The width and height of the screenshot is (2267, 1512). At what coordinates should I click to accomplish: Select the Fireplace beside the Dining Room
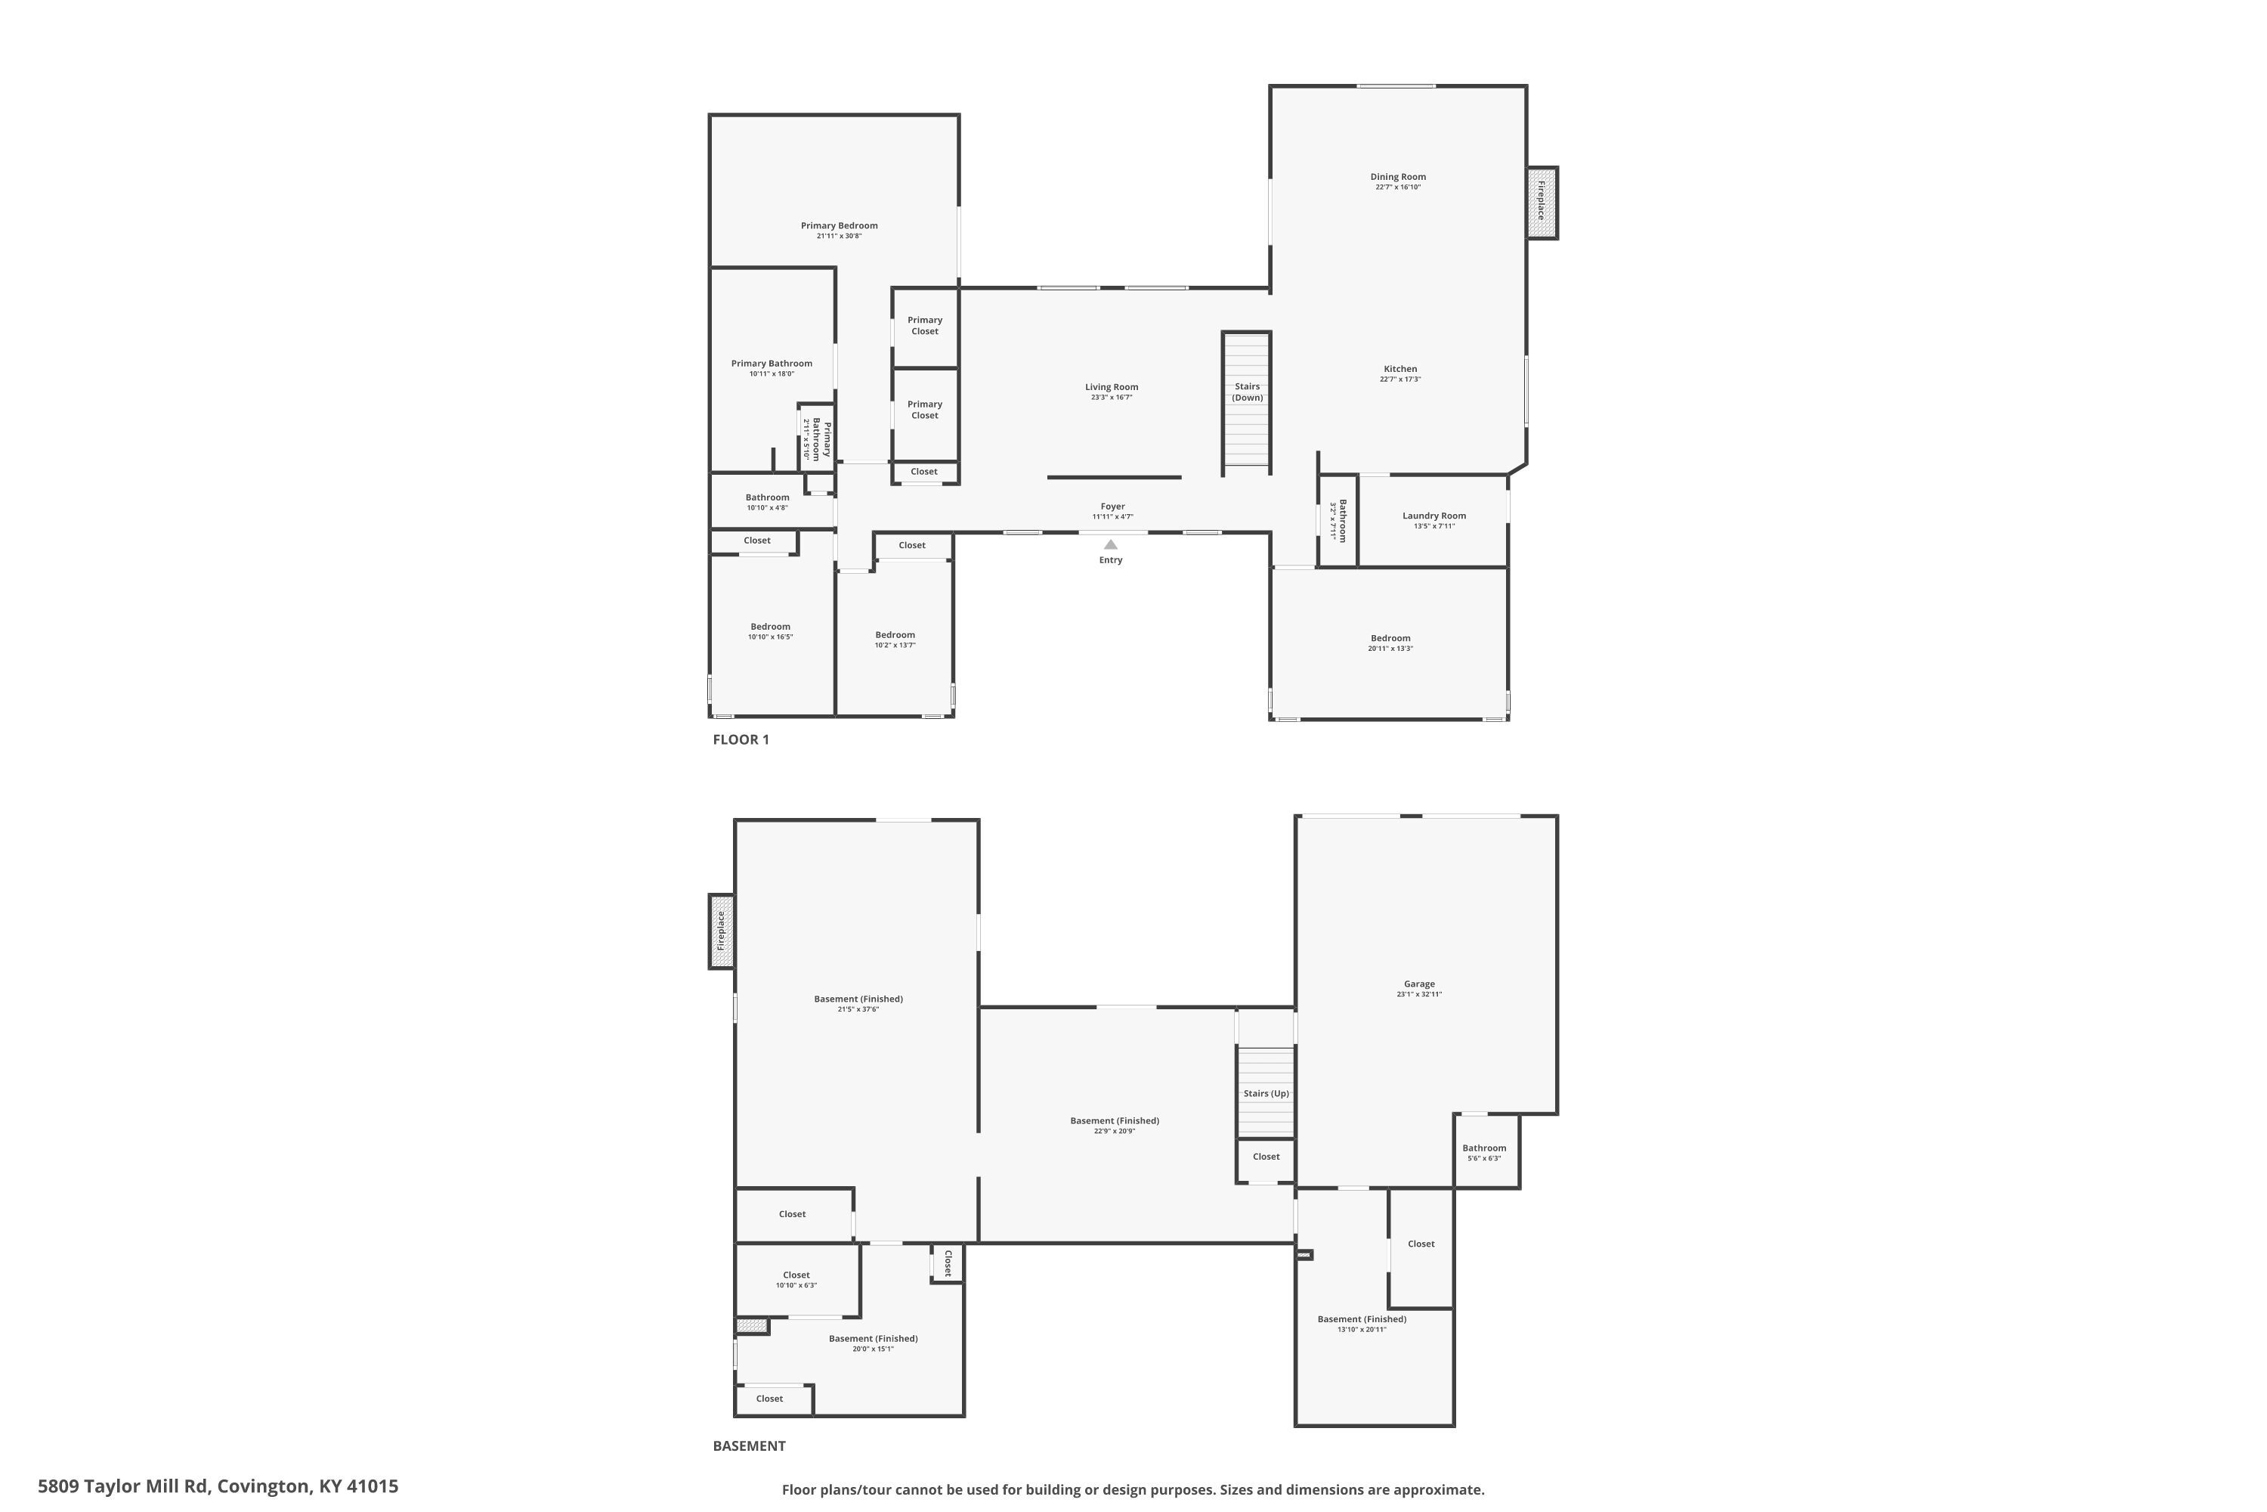coord(1542,203)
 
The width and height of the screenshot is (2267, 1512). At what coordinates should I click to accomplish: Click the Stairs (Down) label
coord(1248,392)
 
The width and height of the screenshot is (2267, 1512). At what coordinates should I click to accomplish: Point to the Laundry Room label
coord(1434,516)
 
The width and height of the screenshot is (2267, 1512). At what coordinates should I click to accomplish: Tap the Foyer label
coord(1112,507)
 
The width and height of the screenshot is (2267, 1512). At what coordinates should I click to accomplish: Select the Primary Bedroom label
coord(839,225)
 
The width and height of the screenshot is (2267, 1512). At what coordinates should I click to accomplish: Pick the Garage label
coord(1419,984)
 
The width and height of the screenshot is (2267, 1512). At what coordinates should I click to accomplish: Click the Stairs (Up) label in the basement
coord(1266,1093)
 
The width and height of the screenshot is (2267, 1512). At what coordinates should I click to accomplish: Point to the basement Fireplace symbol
coord(721,931)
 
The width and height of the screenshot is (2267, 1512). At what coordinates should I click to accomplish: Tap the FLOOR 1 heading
coord(741,739)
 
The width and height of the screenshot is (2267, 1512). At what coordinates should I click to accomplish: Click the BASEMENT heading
coord(749,1445)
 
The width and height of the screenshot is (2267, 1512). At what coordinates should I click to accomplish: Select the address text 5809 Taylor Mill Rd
coord(122,1486)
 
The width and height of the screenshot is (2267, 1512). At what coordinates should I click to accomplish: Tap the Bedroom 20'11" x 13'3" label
coord(1390,638)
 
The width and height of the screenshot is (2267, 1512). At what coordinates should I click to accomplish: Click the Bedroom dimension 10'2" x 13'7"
coord(895,645)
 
